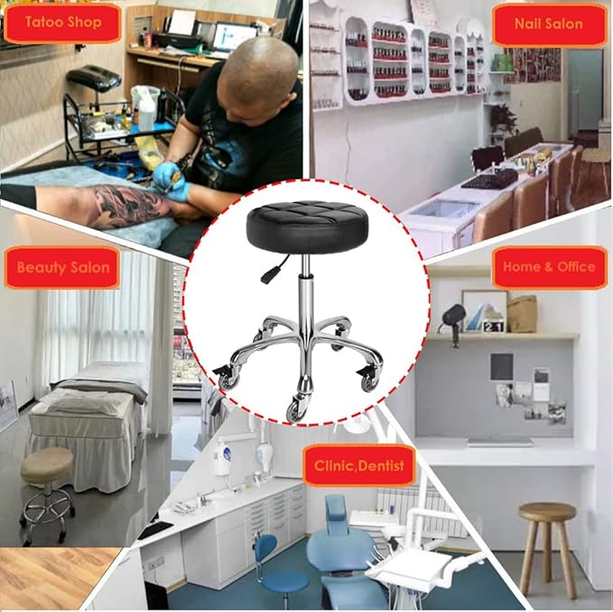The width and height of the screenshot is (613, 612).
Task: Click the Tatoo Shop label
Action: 62,23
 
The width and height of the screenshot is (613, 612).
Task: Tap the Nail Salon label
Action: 548,23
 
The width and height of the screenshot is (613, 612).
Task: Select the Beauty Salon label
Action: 62,267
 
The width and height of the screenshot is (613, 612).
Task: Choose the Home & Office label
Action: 550,267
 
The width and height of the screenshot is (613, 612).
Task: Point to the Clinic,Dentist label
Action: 358,466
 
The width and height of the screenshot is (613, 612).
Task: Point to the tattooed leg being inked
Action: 108,205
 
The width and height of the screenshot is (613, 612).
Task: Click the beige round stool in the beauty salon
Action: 48,468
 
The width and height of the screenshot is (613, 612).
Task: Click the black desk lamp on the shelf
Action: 453,319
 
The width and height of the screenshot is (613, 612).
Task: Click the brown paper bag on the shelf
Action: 521,312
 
